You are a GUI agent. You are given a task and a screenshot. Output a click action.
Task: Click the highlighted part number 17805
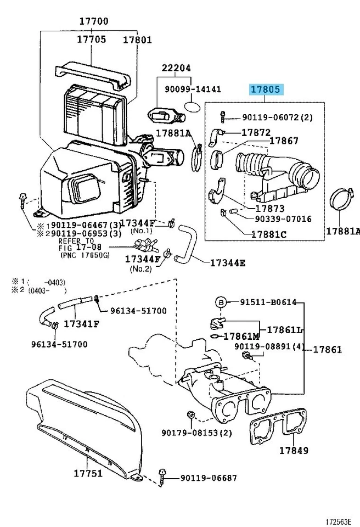click(266, 89)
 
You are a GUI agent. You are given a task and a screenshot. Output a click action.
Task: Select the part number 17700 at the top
click(93, 21)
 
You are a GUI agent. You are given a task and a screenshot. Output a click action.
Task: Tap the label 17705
click(91, 40)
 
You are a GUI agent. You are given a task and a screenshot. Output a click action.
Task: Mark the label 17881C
click(269, 234)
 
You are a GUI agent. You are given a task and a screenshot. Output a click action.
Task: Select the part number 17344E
click(227, 263)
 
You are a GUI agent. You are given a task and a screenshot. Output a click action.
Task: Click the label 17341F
click(81, 323)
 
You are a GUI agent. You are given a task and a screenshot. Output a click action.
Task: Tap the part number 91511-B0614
click(268, 302)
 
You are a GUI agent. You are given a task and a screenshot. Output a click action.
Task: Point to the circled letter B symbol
click(220, 302)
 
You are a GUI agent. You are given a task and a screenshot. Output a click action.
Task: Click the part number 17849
click(294, 451)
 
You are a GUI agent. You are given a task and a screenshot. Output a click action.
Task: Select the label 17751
click(88, 473)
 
